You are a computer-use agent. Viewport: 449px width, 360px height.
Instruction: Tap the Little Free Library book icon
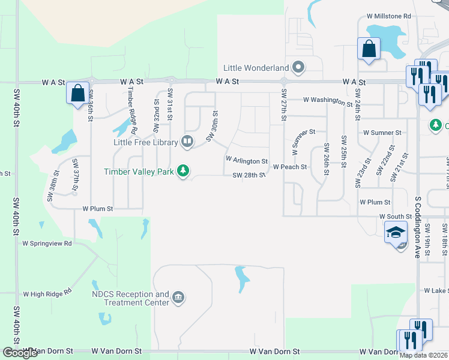click(x=187, y=142)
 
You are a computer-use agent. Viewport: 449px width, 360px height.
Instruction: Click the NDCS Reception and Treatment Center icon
click(x=178, y=298)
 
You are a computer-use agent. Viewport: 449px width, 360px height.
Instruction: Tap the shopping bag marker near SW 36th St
click(x=77, y=94)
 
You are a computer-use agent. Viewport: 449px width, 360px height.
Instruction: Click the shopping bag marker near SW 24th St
click(x=369, y=49)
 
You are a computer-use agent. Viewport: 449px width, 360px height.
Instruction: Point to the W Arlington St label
click(x=246, y=161)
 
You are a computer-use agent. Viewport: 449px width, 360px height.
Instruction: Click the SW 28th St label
click(x=249, y=175)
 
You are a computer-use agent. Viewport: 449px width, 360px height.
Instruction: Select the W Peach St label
click(x=290, y=167)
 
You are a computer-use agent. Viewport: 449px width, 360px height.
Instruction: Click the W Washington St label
click(x=327, y=100)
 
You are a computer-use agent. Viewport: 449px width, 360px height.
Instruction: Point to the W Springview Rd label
click(x=47, y=244)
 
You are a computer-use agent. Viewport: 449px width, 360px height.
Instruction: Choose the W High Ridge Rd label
click(x=47, y=293)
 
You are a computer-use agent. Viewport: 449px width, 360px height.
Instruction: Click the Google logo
click(x=20, y=353)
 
